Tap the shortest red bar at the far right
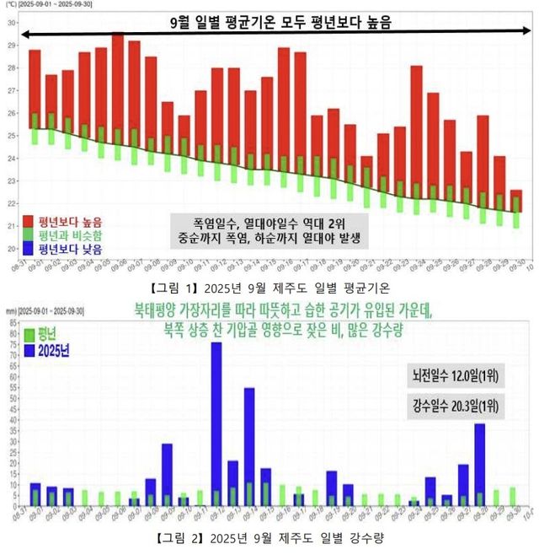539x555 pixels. pos(516,200)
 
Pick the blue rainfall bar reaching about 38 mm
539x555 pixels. pos(480,464)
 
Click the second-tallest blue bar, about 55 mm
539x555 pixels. pos(249,439)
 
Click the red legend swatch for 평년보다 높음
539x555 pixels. pos(29,220)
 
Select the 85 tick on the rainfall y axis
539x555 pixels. pos(9,310)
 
